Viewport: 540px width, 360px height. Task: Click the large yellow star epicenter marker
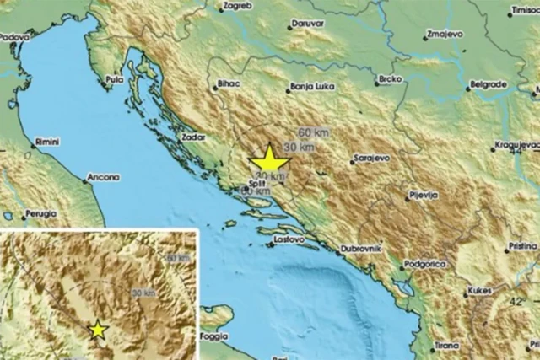[x=270, y=160]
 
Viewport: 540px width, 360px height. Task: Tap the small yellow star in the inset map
[x=99, y=329]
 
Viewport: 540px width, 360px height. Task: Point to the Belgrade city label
[x=489, y=85]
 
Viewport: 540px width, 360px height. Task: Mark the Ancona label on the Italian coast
[x=102, y=178]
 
